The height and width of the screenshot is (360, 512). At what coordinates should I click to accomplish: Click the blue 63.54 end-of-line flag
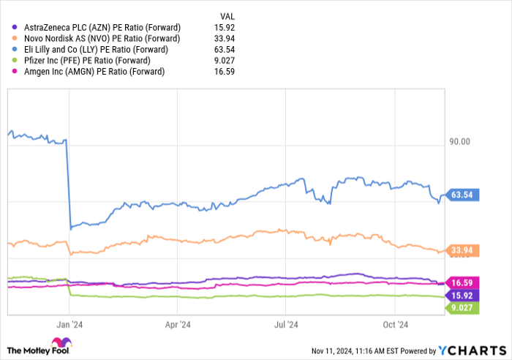(464, 195)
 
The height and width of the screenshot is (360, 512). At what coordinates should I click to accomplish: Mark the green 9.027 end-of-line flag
(464, 307)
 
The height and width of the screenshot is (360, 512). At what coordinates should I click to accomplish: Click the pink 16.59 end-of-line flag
(464, 282)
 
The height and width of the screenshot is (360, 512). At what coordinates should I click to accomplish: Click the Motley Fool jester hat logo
(59, 345)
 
